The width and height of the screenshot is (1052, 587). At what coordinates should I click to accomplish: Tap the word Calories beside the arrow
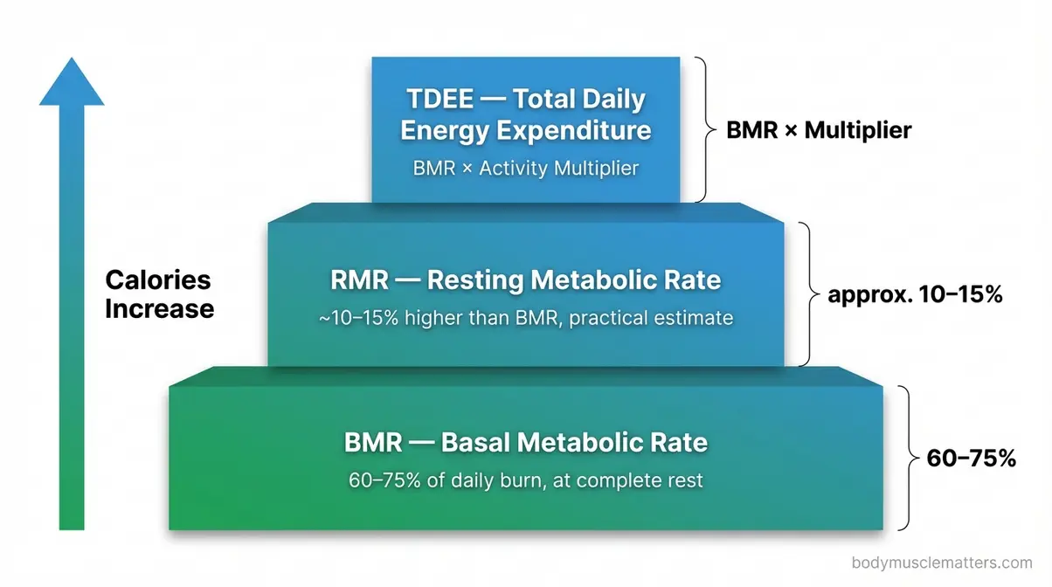coord(158,280)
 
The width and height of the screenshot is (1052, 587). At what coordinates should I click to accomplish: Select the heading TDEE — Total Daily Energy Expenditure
coord(525,114)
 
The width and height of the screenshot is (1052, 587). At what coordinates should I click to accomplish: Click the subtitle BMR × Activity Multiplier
coord(525,168)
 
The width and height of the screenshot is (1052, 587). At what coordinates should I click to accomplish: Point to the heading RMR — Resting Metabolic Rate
coord(526,280)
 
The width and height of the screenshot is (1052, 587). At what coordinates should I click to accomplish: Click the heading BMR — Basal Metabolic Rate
coord(526,442)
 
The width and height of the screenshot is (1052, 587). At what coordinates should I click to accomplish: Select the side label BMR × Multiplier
coord(819,131)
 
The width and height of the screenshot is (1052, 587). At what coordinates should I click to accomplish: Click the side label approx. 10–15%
coord(914,294)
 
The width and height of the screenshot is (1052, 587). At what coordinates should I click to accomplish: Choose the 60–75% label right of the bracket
coord(970,458)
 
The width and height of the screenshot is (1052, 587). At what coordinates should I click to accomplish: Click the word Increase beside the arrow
coord(159,308)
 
